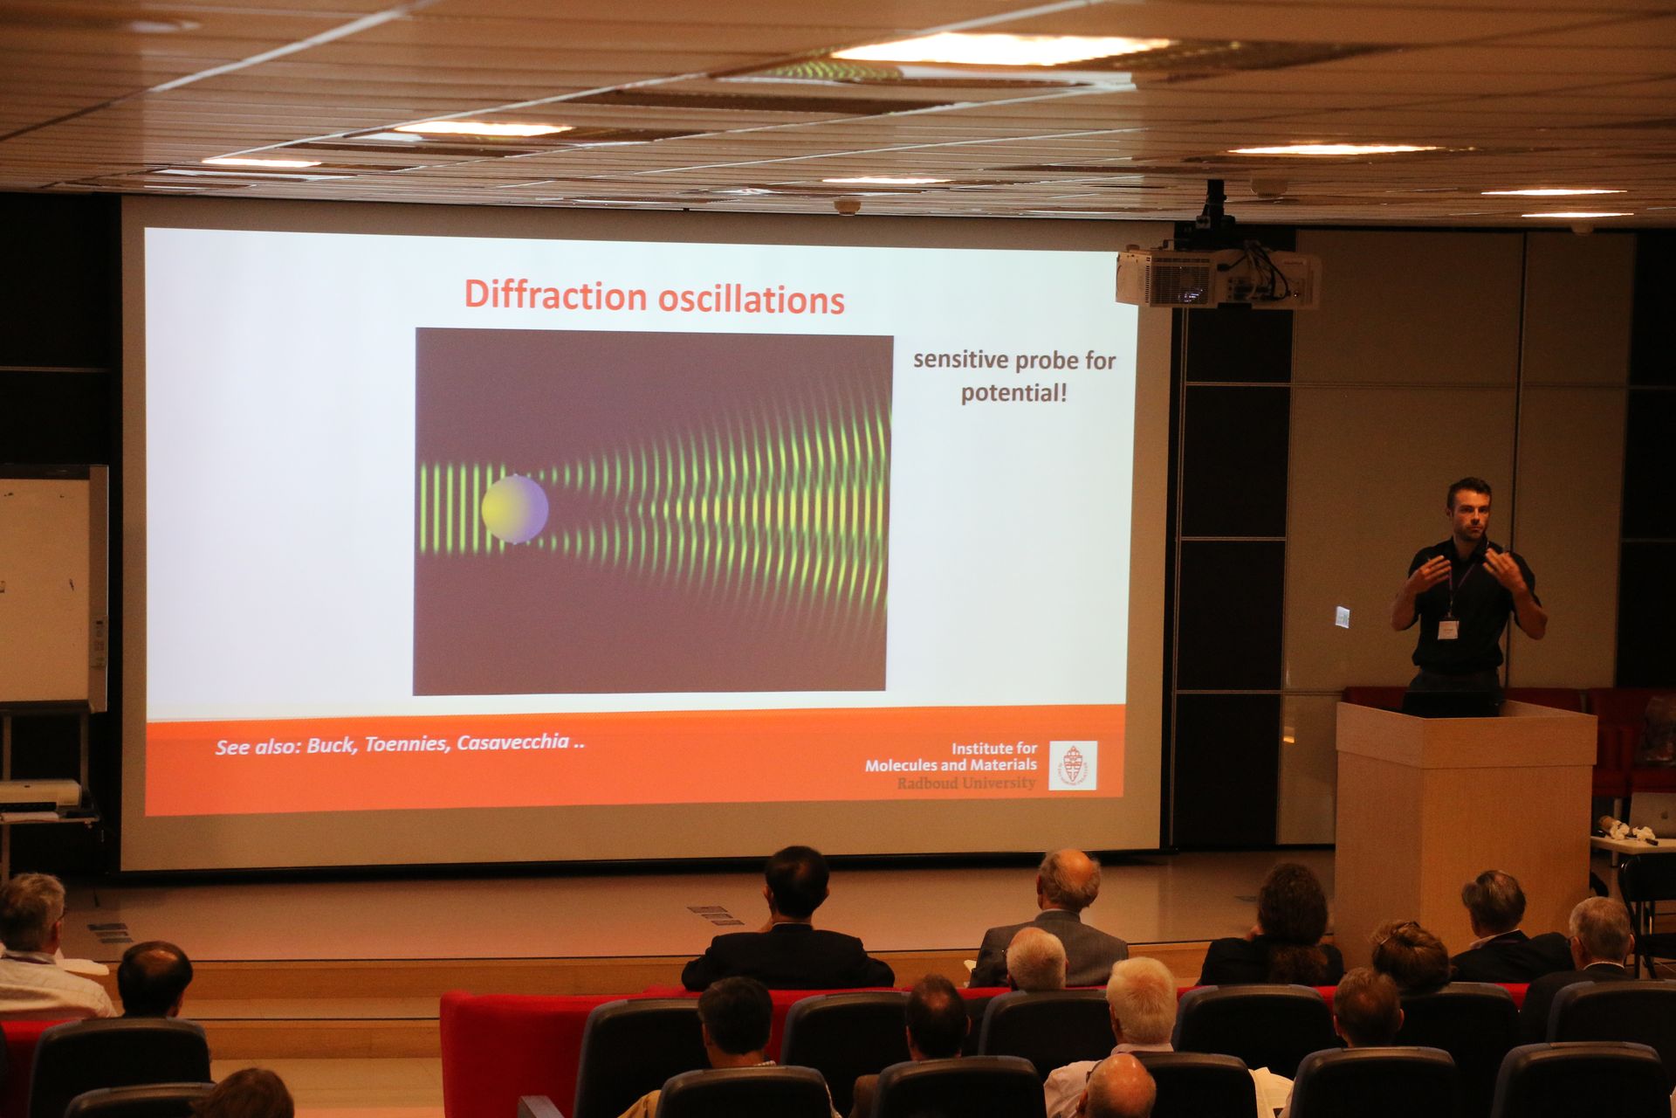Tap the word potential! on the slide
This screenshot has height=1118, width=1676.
1013,393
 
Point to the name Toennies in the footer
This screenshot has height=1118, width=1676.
407,745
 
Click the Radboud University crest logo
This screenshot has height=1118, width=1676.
1073,766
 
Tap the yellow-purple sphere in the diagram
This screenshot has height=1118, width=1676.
514,509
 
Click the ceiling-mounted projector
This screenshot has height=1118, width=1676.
1218,275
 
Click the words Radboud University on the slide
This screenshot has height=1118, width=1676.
965,783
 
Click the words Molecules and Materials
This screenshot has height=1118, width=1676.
951,765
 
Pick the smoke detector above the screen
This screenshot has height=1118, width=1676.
847,207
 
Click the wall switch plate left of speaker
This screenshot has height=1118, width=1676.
1343,616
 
